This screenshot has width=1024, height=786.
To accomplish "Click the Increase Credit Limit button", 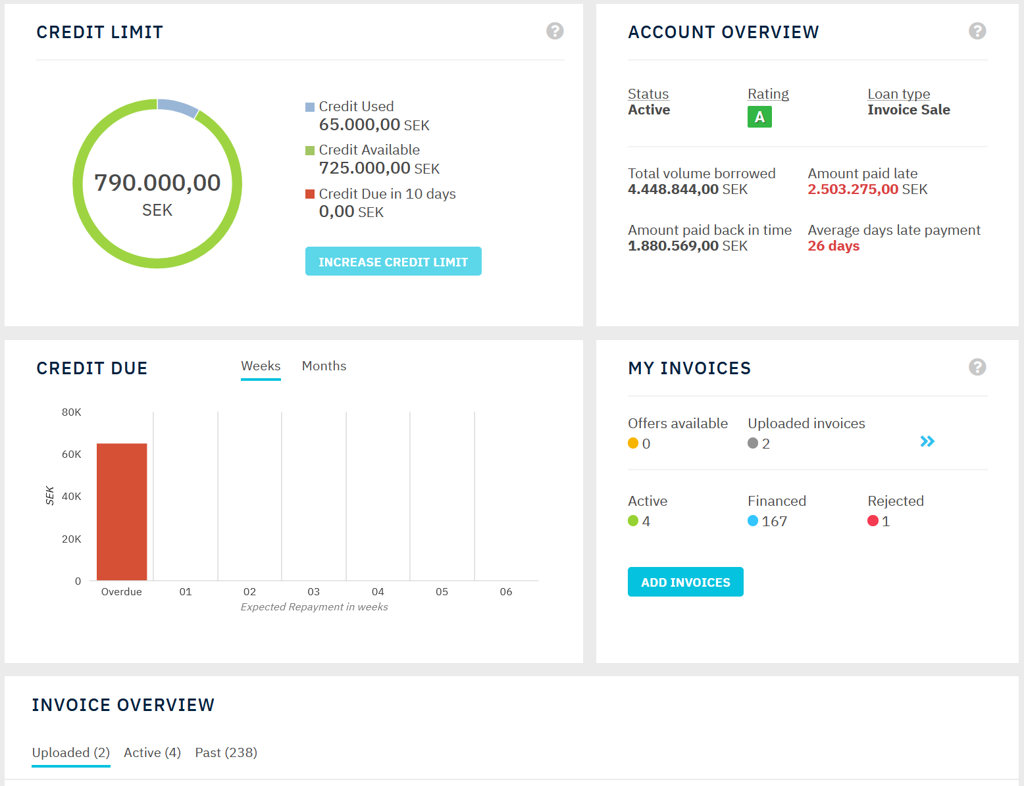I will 393,262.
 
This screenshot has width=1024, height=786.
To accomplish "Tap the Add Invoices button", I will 685,582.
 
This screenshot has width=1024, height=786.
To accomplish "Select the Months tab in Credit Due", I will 324,366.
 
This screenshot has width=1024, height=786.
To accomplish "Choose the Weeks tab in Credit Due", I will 261,366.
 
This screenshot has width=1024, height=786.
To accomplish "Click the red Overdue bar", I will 122,512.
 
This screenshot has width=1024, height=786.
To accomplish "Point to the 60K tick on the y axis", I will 71,454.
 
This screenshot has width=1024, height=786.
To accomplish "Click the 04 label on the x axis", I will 378,592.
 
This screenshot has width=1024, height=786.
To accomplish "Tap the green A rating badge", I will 759,117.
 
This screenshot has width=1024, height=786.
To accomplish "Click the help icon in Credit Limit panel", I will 555,31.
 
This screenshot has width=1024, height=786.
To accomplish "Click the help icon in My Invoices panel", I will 977,367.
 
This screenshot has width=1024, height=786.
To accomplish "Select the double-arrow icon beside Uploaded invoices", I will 927,441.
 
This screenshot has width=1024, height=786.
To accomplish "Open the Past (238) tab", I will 226,752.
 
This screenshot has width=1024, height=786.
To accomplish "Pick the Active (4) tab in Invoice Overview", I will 152,752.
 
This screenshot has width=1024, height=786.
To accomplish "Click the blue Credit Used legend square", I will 310,107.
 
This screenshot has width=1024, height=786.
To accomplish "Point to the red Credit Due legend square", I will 310,194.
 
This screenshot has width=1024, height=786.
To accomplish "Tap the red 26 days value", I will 833,246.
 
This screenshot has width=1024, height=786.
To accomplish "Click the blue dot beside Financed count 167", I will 753,521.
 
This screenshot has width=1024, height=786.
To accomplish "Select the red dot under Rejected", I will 873,521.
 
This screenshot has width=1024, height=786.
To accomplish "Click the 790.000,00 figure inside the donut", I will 157,183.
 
